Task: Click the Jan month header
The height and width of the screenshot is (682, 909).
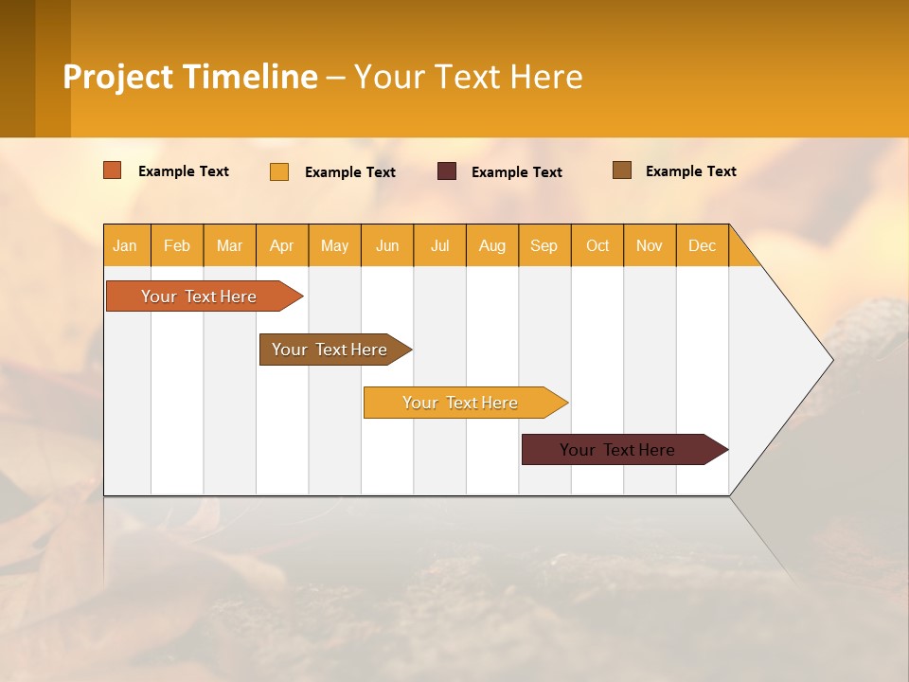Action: pyautogui.click(x=125, y=245)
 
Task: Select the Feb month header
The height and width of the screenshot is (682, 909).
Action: pyautogui.click(x=177, y=245)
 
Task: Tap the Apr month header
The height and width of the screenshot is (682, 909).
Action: pyautogui.click(x=282, y=245)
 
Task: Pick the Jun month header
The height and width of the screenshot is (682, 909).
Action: pyautogui.click(x=387, y=245)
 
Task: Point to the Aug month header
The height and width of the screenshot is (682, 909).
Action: pyautogui.click(x=492, y=245)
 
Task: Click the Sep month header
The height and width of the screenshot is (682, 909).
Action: pyautogui.click(x=544, y=245)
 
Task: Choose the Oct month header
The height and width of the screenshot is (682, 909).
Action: pyautogui.click(x=597, y=245)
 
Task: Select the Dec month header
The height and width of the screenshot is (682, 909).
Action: pyautogui.click(x=703, y=245)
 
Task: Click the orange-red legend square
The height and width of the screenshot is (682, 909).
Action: pyautogui.click(x=112, y=170)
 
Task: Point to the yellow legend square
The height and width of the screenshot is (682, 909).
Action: pyautogui.click(x=279, y=171)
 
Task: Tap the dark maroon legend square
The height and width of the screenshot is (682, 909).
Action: pyautogui.click(x=447, y=171)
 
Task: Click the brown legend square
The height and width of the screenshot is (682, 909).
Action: pyautogui.click(x=622, y=170)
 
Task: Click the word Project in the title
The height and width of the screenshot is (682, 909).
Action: pyautogui.click(x=118, y=77)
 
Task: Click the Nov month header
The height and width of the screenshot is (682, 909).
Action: pyautogui.click(x=650, y=245)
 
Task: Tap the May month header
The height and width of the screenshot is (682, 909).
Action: pyautogui.click(x=334, y=245)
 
